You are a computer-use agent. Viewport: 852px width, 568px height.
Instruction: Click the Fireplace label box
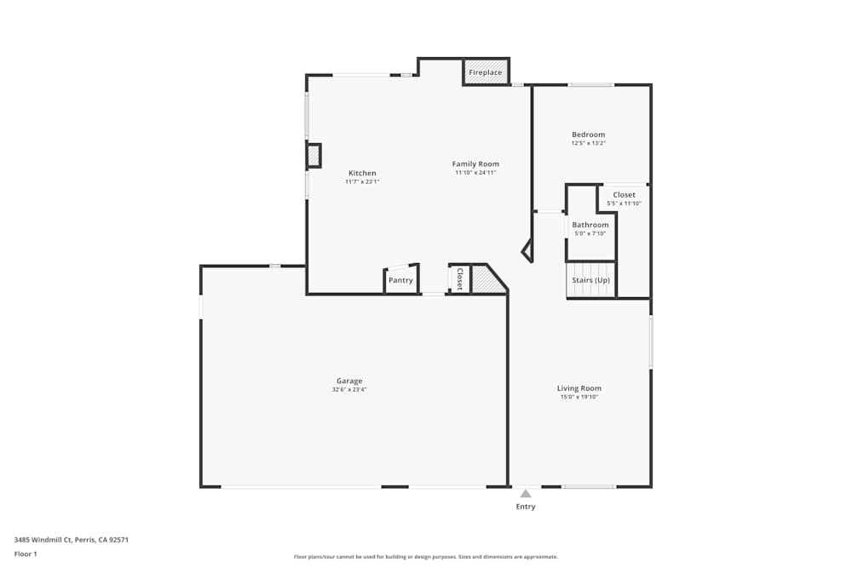click(x=486, y=72)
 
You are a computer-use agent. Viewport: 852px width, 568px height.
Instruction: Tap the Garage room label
click(x=349, y=381)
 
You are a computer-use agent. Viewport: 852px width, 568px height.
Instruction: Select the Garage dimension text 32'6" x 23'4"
click(x=349, y=390)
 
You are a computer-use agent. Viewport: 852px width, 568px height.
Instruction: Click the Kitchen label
click(x=362, y=173)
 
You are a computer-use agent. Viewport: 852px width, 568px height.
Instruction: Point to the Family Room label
click(x=475, y=164)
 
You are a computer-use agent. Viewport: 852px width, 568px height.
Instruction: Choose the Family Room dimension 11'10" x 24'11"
click(x=475, y=173)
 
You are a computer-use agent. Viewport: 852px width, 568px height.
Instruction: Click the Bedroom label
click(x=588, y=135)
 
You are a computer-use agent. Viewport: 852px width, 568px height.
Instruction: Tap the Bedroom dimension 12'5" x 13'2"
click(x=588, y=143)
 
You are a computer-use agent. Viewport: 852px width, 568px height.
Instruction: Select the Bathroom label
click(x=590, y=225)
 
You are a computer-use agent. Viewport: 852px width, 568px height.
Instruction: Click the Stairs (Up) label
click(x=590, y=280)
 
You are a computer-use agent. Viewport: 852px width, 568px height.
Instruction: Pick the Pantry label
click(x=400, y=280)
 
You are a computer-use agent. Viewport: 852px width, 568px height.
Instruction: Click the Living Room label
click(x=579, y=388)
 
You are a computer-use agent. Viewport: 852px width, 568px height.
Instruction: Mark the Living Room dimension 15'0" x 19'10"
click(x=579, y=397)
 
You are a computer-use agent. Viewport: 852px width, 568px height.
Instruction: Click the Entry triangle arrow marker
click(x=526, y=493)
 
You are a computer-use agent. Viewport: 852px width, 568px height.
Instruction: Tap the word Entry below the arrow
click(x=526, y=507)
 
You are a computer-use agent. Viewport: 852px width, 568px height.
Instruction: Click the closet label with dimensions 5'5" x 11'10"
click(x=624, y=195)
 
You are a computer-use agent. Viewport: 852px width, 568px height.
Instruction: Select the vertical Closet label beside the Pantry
click(x=459, y=279)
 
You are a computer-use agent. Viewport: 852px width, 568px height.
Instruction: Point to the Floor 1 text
click(x=26, y=554)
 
